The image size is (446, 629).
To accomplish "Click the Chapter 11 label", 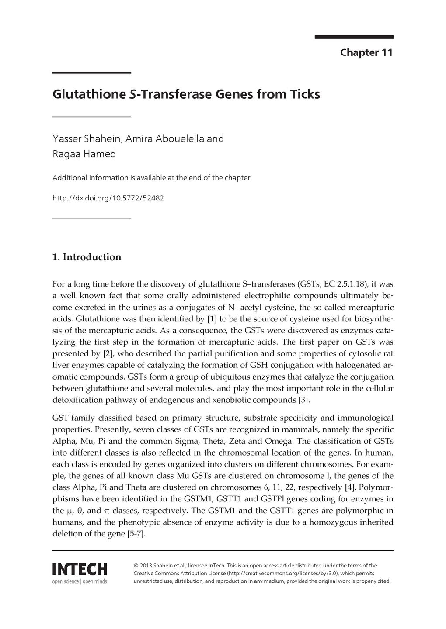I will (366, 53).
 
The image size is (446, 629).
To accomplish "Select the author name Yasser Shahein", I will (87, 139).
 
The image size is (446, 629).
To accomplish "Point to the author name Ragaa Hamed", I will (84, 154).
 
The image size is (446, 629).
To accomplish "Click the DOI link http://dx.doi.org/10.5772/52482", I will (108, 198).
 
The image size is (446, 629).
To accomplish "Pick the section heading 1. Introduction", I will (87, 257).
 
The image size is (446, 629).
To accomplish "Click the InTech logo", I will (80, 569).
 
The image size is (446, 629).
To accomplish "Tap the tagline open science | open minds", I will (80, 581).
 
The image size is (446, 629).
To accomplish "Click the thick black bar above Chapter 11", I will (354, 37).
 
